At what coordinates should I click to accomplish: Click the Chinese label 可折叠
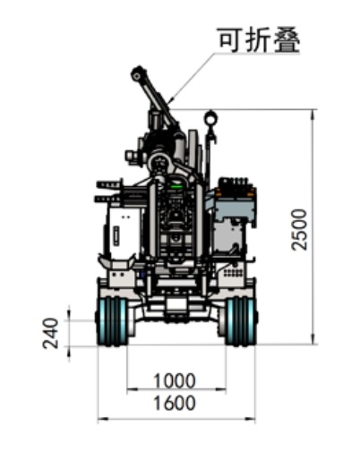(x=259, y=40)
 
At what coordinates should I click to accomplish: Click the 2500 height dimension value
(x=299, y=230)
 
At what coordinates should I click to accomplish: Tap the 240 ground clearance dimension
(x=51, y=333)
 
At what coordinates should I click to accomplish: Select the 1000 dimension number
(x=175, y=381)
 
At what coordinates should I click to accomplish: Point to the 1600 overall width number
(x=175, y=403)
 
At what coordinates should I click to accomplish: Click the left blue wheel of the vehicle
(x=112, y=321)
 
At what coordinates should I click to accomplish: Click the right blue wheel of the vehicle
(x=241, y=321)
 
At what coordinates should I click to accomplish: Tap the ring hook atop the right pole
(x=210, y=118)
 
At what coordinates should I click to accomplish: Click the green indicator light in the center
(x=176, y=187)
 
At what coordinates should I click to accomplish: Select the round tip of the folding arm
(x=137, y=76)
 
